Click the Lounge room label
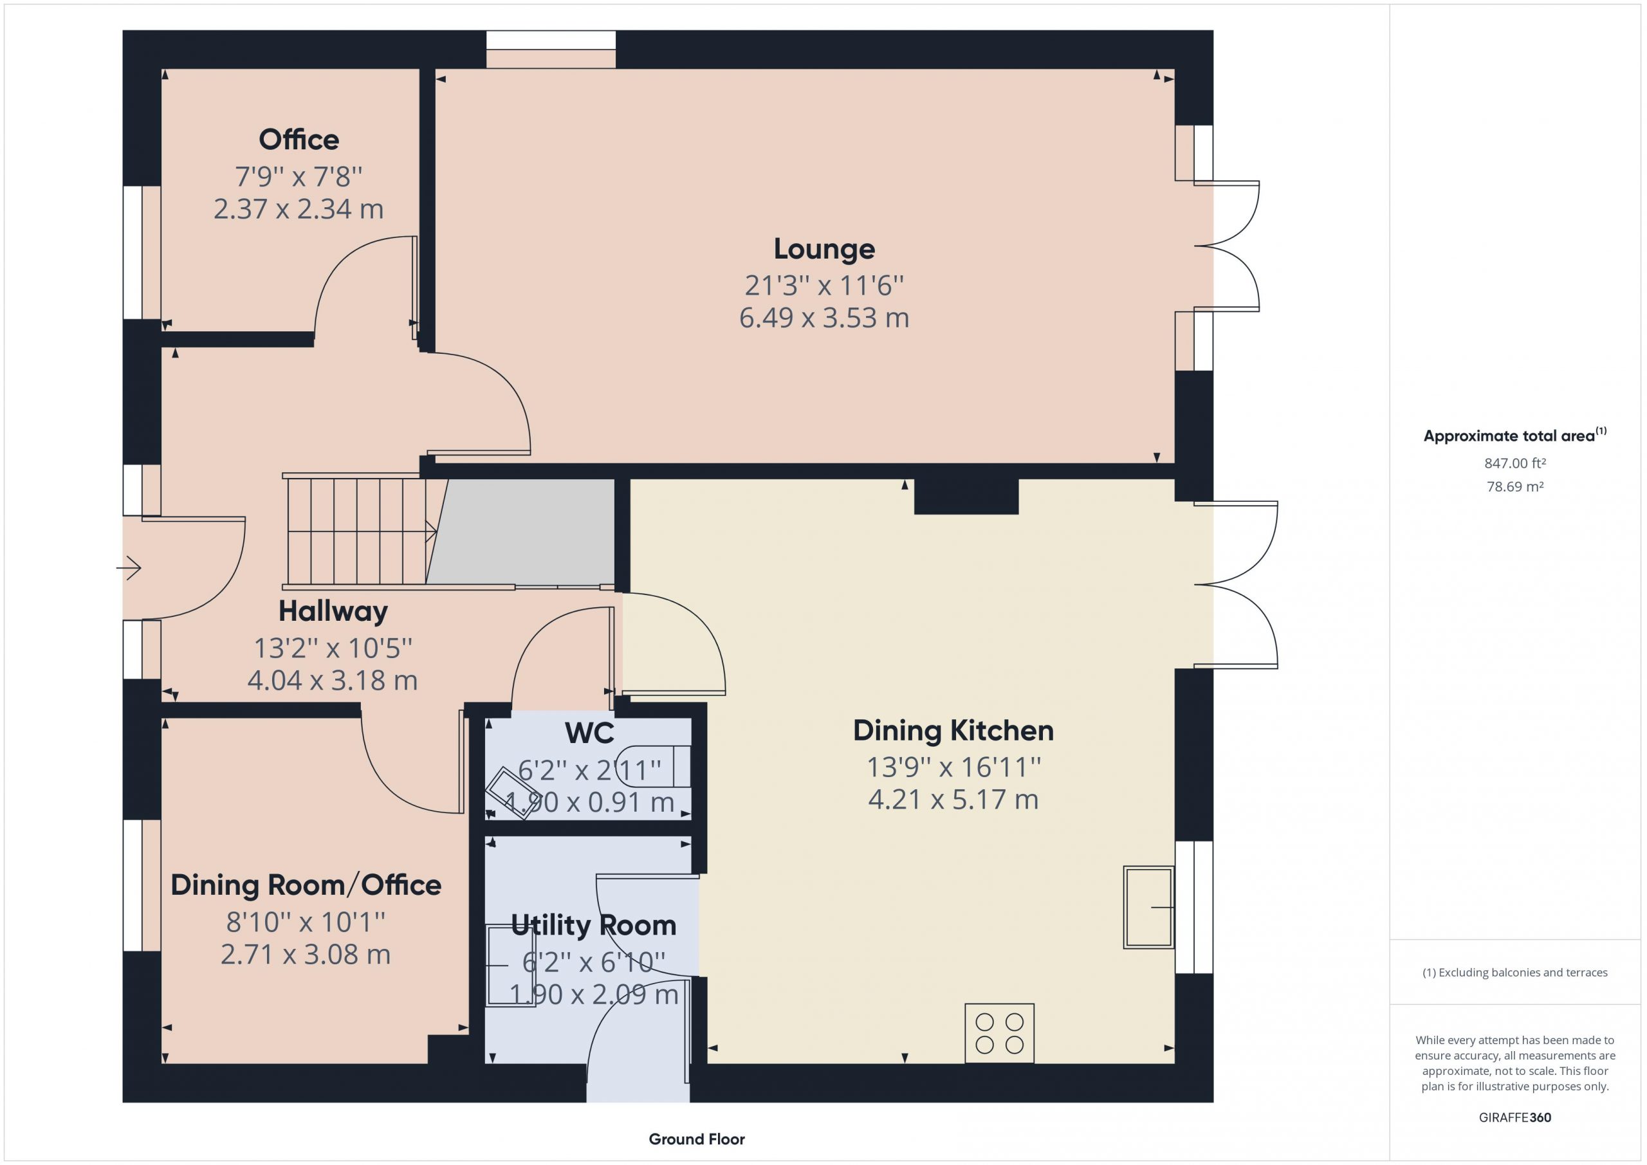tap(824, 249)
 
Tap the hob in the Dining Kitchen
tap(999, 1033)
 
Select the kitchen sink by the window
tap(1148, 908)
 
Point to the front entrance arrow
tap(129, 568)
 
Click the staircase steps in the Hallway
tap(358, 531)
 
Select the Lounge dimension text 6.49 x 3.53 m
tap(824, 318)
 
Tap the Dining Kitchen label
tap(953, 731)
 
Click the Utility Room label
tap(593, 926)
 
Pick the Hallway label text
tap(333, 611)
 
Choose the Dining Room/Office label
tap(306, 885)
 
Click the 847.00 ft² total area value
tap(1514, 463)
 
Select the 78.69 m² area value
tap(1514, 486)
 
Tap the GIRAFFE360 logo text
tap(1514, 1117)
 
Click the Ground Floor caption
tap(697, 1139)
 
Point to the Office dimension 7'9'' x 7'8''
tap(299, 176)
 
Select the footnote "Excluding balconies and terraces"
tap(1522, 972)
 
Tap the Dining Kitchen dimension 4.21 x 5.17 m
tap(953, 799)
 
